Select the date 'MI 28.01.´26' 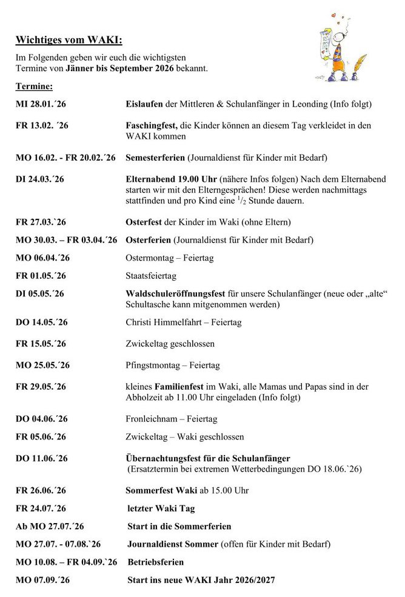[x=41, y=105]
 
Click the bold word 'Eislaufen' [x=144, y=105]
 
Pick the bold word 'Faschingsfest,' [x=152, y=125]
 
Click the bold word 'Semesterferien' [x=155, y=158]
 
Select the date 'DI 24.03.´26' [x=39, y=179]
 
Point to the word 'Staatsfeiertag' [x=151, y=276]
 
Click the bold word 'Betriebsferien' [x=155, y=562]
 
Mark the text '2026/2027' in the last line [x=253, y=580]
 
